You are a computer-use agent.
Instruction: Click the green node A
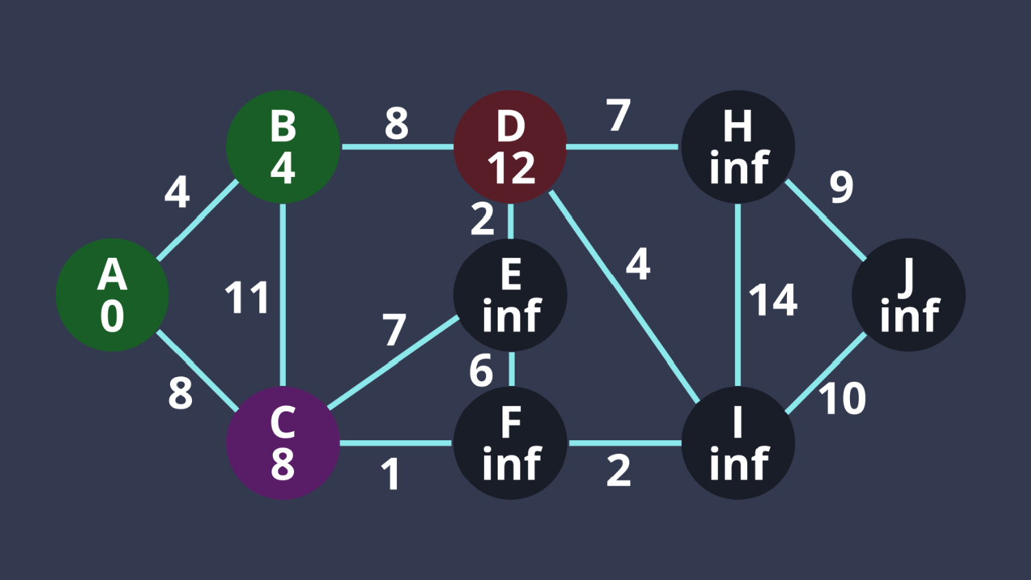[x=112, y=295]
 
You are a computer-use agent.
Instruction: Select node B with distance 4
[x=283, y=147]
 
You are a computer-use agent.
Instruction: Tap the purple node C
[x=283, y=443]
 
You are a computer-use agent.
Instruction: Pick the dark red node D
[x=511, y=147]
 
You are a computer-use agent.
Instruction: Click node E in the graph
[x=511, y=295]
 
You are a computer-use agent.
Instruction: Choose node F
[x=511, y=443]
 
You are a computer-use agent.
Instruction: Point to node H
[x=738, y=147]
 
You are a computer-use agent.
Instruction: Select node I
[x=738, y=443]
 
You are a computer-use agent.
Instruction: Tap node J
[x=909, y=295]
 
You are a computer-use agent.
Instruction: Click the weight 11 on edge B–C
[x=247, y=298]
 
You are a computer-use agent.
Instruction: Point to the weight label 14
[x=773, y=300]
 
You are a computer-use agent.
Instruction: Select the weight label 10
[x=842, y=398]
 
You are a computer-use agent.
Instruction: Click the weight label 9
[x=842, y=186]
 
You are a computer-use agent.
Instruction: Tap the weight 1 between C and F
[x=391, y=474]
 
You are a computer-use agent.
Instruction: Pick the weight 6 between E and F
[x=481, y=371]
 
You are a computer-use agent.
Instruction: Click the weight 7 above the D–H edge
[x=618, y=115]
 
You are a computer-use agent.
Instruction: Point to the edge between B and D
[x=397, y=147]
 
